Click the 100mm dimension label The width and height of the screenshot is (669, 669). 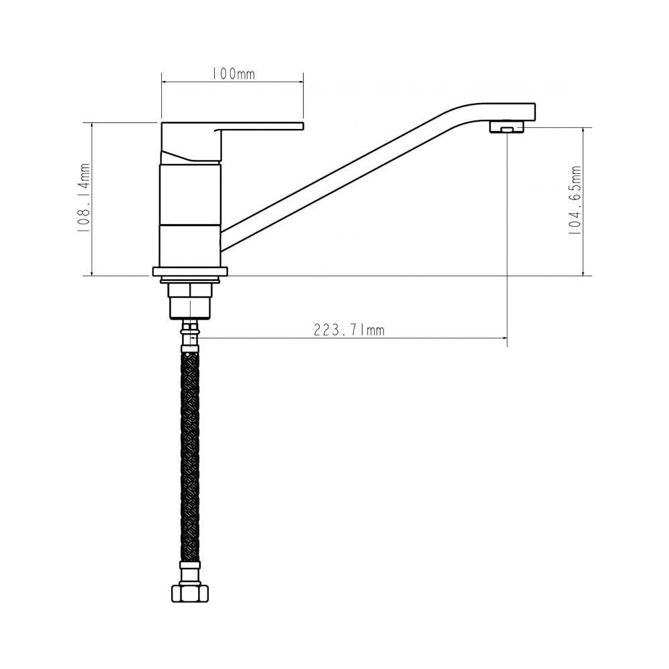pyautogui.click(x=233, y=74)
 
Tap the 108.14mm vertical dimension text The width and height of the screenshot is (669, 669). pyautogui.click(x=84, y=198)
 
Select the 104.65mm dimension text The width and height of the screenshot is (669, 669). pyautogui.click(x=575, y=201)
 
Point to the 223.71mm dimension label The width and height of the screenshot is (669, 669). pyautogui.click(x=349, y=330)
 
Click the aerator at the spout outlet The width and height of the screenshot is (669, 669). pyautogui.click(x=506, y=127)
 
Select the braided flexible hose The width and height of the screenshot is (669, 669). pyautogui.click(x=190, y=455)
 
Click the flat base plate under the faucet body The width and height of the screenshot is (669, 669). pyautogui.click(x=190, y=272)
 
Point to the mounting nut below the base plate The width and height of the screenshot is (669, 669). pyautogui.click(x=190, y=298)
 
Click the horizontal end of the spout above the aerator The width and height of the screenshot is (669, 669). pyautogui.click(x=512, y=111)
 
